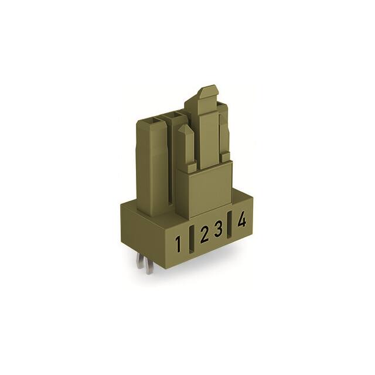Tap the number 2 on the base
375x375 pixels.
point(204,236)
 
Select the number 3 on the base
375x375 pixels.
point(218,230)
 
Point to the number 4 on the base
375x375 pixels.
point(241,221)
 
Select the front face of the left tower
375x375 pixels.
point(154,170)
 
